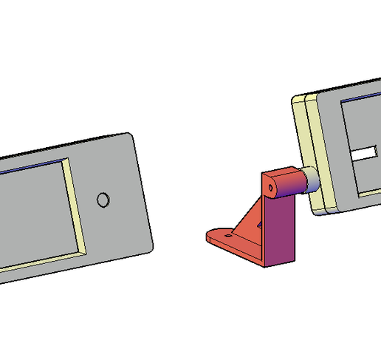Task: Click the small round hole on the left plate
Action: pos(103,200)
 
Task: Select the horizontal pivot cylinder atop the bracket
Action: pos(284,183)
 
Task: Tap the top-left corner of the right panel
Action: pos(297,98)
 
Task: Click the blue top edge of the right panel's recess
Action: pos(362,98)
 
